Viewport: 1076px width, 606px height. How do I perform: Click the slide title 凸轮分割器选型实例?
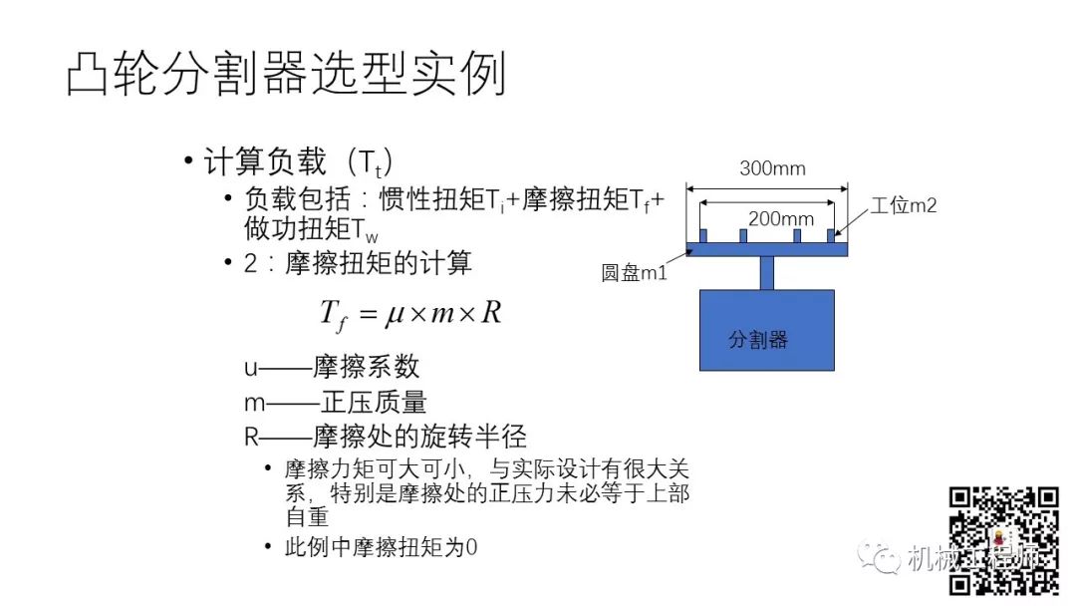click(x=287, y=76)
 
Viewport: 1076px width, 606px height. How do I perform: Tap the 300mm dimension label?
click(x=772, y=168)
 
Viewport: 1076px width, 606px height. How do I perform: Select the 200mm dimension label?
click(x=781, y=219)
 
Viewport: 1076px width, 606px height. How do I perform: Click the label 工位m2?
click(x=904, y=206)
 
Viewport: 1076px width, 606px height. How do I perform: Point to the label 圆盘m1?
click(x=634, y=272)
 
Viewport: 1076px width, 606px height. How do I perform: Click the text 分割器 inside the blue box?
click(x=758, y=340)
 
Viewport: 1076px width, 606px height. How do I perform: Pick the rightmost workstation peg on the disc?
click(x=830, y=236)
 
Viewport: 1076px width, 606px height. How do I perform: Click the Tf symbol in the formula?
click(x=333, y=315)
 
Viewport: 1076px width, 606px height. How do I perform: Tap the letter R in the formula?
click(x=490, y=313)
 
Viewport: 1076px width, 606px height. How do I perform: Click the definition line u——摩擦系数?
click(x=332, y=367)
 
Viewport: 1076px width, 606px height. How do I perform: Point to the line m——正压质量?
click(x=336, y=402)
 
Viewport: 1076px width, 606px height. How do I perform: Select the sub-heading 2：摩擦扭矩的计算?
click(x=358, y=264)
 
